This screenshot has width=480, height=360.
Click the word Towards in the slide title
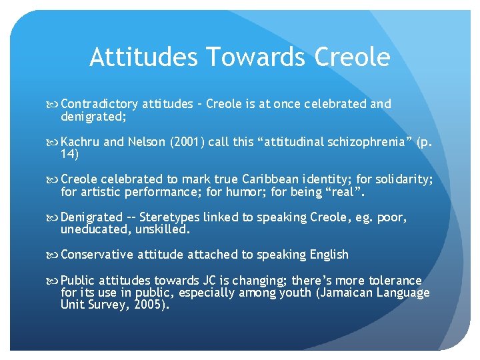point(243,57)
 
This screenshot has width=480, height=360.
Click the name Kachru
point(81,142)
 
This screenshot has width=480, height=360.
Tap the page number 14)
point(69,154)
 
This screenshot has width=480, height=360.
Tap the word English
point(327,255)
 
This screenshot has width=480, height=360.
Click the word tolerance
point(395,281)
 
